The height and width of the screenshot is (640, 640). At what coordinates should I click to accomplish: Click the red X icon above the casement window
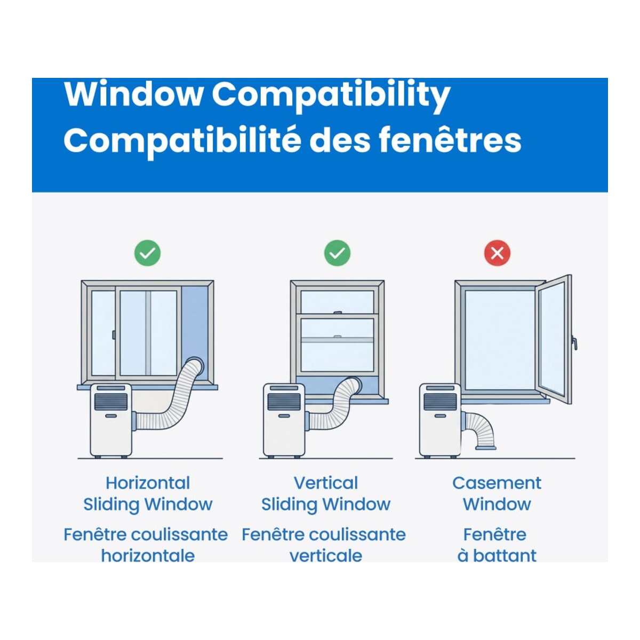click(497, 253)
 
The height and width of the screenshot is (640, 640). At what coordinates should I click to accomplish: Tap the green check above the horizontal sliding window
click(147, 253)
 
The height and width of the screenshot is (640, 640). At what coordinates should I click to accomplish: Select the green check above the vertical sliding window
click(337, 253)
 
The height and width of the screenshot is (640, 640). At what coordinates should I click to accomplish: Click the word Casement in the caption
click(497, 483)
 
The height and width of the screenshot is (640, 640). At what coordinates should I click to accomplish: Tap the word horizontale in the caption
click(148, 556)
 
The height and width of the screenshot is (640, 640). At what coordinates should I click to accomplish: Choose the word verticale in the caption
click(325, 556)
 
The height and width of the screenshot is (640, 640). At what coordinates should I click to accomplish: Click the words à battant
click(497, 556)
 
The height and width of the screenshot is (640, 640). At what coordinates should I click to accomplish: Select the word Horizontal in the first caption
click(147, 483)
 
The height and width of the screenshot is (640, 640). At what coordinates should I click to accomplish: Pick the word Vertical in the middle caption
click(326, 483)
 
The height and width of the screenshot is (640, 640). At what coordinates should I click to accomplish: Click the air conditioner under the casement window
click(439, 420)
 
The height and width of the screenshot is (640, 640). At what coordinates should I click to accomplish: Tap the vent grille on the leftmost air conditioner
click(110, 401)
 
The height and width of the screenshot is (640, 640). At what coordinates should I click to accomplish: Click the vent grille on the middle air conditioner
click(284, 401)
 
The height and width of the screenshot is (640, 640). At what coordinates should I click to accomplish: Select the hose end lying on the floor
click(485, 447)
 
